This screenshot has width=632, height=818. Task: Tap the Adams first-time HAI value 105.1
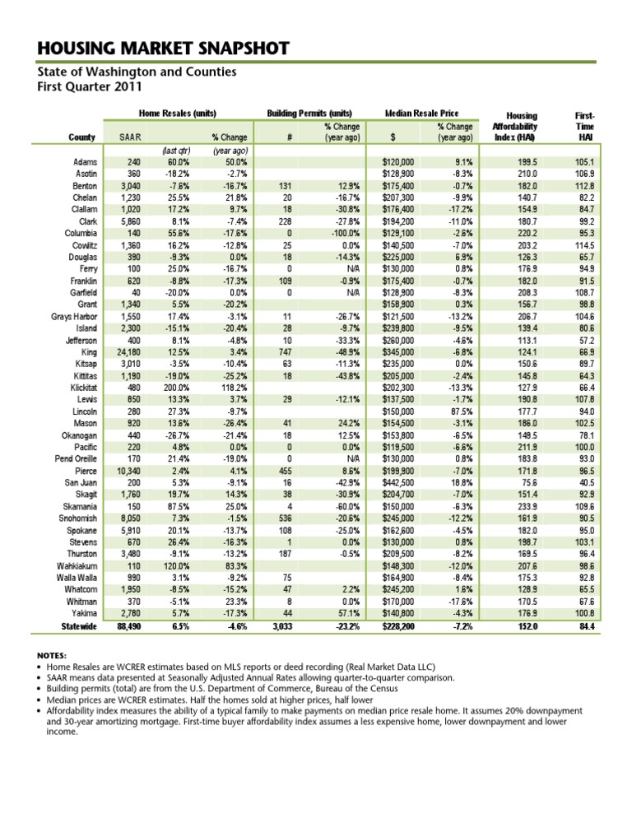coord(586,164)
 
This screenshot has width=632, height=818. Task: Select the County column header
coord(82,137)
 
